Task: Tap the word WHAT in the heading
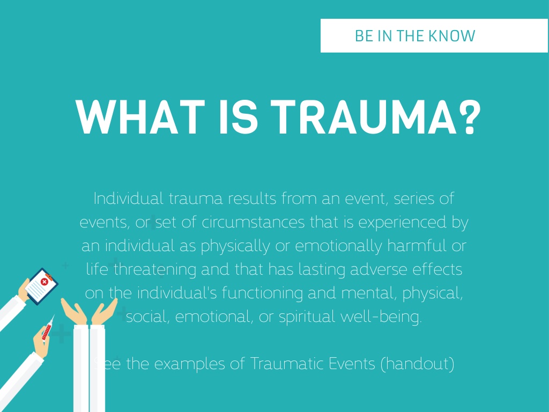140,117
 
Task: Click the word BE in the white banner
364,36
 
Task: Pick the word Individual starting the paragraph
129,198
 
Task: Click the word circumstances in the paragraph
253,223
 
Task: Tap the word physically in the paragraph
235,246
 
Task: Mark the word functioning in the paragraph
262,293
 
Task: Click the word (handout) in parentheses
417,364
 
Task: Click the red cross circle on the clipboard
44,281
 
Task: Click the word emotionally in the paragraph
339,246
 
